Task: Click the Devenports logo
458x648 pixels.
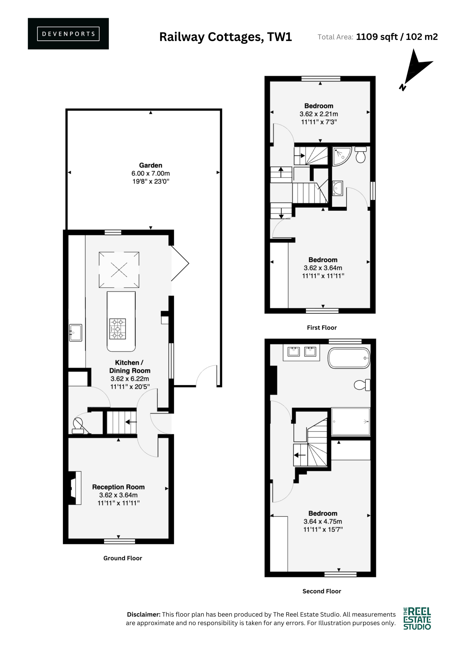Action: pyautogui.click(x=68, y=34)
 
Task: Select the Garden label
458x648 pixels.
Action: pyautogui.click(x=151, y=165)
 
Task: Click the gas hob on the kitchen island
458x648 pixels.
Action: pyautogui.click(x=118, y=329)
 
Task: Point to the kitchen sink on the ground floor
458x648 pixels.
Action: pyautogui.click(x=76, y=333)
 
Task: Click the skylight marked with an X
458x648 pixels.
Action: pyautogui.click(x=119, y=270)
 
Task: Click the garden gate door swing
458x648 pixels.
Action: pyautogui.click(x=206, y=376)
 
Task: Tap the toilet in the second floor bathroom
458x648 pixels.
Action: pyautogui.click(x=362, y=385)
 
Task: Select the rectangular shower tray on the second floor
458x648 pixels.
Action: pyautogui.click(x=350, y=422)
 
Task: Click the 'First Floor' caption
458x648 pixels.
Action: pyautogui.click(x=322, y=328)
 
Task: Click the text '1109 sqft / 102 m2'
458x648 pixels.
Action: pyautogui.click(x=397, y=37)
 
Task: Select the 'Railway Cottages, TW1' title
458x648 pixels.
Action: pyautogui.click(x=225, y=37)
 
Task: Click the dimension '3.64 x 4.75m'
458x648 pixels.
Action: pyautogui.click(x=323, y=521)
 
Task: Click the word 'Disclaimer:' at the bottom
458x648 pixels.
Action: pyautogui.click(x=144, y=614)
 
